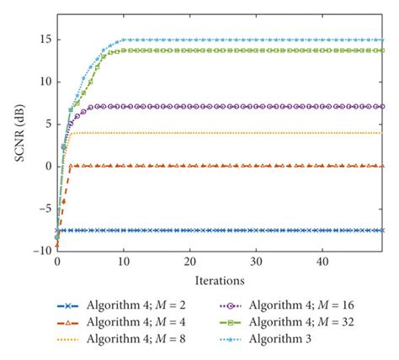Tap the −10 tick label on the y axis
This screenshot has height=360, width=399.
click(40, 251)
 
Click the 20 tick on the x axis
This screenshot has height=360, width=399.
click(189, 262)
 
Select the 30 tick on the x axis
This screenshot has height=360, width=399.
click(256, 262)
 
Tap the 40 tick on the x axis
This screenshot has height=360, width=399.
click(322, 262)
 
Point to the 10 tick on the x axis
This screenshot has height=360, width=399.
click(123, 262)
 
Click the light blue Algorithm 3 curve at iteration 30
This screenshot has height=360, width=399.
click(256, 40)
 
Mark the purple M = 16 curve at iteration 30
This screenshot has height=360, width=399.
click(256, 107)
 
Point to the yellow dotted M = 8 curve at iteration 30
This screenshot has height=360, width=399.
click(256, 132)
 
